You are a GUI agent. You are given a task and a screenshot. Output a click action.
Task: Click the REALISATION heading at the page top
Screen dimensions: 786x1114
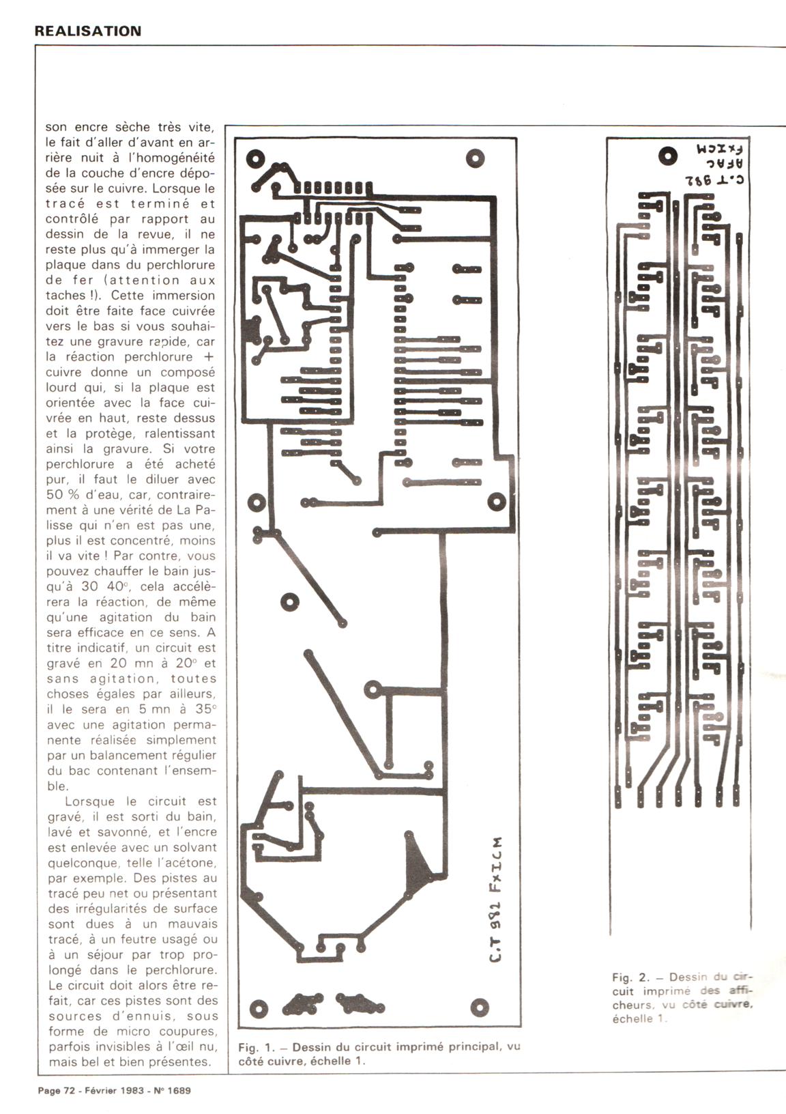click(87, 31)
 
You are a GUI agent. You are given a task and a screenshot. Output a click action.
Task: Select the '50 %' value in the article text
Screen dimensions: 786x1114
click(63, 494)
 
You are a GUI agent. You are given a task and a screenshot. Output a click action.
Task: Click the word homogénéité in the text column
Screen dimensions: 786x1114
click(171, 158)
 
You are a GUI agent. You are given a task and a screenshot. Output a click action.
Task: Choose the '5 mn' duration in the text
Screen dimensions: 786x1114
click(155, 709)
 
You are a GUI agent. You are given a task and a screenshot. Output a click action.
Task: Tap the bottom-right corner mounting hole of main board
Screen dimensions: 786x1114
click(480, 1008)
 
